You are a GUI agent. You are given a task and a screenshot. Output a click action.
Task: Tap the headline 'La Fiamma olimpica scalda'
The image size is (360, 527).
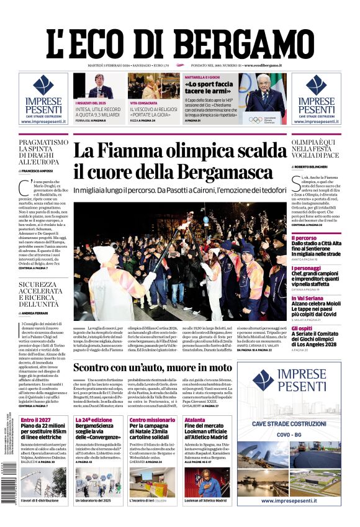180,152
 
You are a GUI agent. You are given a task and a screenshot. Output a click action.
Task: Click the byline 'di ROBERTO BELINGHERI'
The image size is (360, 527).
312,168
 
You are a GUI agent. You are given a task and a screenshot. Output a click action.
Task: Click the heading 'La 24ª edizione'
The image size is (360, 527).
94,420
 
